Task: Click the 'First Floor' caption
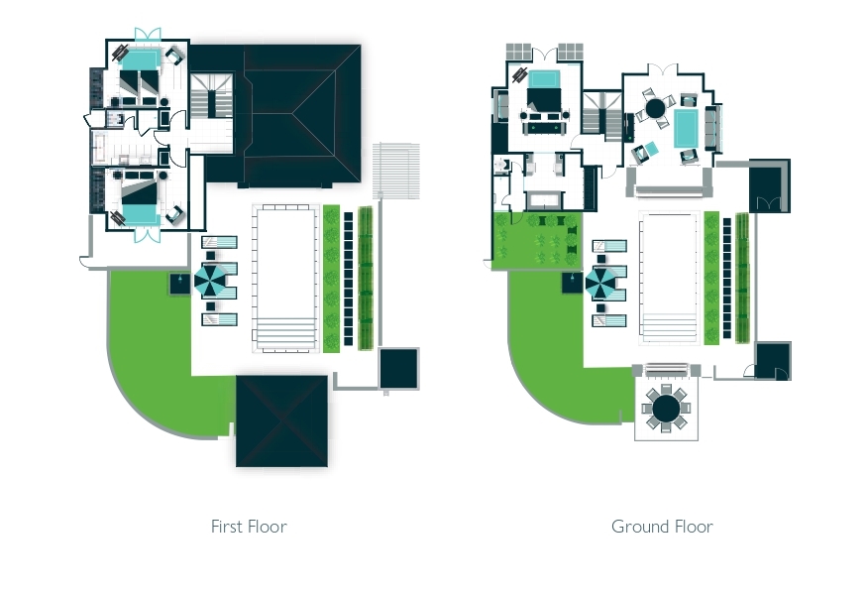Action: tap(249, 527)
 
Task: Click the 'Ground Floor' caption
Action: tap(662, 527)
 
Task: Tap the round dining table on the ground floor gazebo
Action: tap(666, 409)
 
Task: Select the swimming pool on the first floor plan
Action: tap(285, 278)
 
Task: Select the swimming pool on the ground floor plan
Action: tap(669, 278)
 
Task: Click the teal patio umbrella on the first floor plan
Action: tap(210, 281)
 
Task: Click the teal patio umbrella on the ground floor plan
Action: tap(600, 283)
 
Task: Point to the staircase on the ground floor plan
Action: tap(601, 116)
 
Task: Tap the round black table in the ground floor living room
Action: tap(655, 108)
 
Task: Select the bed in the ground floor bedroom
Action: tap(545, 91)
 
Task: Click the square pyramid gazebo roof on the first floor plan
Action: tap(281, 421)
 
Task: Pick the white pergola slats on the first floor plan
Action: tap(395, 171)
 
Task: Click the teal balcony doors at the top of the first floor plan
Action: tap(148, 34)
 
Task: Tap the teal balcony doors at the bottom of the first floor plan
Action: tap(148, 235)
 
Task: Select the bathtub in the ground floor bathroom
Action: tap(544, 200)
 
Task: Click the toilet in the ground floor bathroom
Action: tap(501, 165)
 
